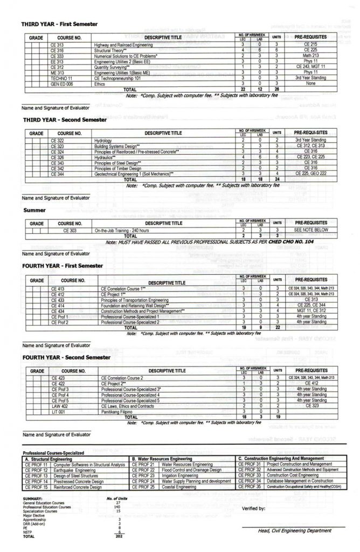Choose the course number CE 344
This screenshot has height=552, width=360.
(x=57, y=174)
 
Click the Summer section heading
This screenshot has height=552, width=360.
(x=33, y=210)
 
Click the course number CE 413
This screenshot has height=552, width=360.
(x=58, y=288)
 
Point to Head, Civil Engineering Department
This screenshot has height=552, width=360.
(x=295, y=530)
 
